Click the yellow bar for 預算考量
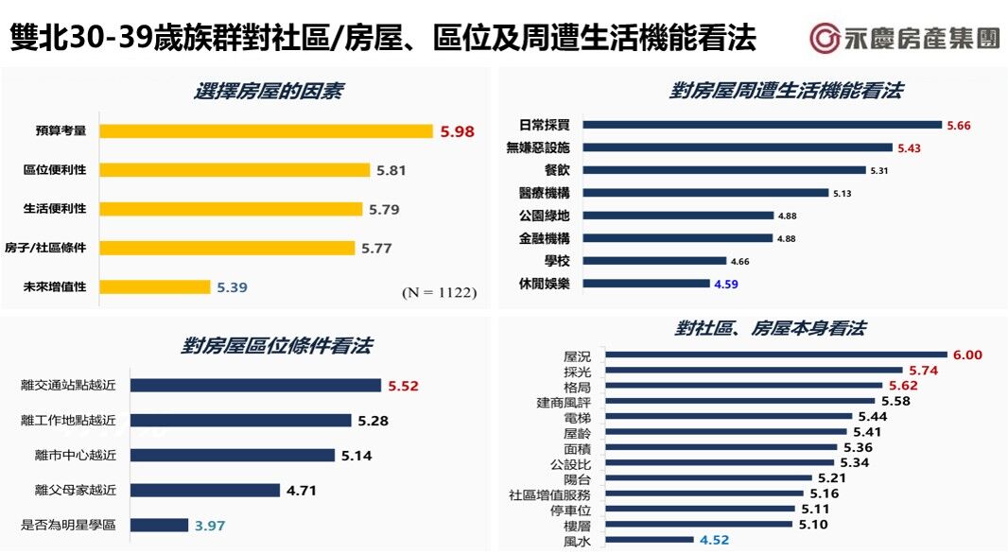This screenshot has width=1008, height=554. pos(266,131)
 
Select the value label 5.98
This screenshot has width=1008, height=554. pos(457,131)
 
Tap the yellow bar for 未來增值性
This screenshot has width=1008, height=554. pos(154,286)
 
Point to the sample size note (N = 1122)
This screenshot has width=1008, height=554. pos(439,293)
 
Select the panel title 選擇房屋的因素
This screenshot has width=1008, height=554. pos(269,92)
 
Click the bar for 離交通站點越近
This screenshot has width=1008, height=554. pos(255,385)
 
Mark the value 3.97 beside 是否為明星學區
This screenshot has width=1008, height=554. pos(210,525)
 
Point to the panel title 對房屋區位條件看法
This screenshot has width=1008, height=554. pos(276,346)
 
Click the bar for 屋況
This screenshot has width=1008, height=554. pos(775,355)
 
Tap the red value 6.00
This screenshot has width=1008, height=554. pos(967,355)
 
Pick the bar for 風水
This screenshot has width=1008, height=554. pos(649,541)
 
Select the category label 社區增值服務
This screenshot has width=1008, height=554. pos(549,493)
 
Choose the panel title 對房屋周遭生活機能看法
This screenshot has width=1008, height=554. pos(786,91)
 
